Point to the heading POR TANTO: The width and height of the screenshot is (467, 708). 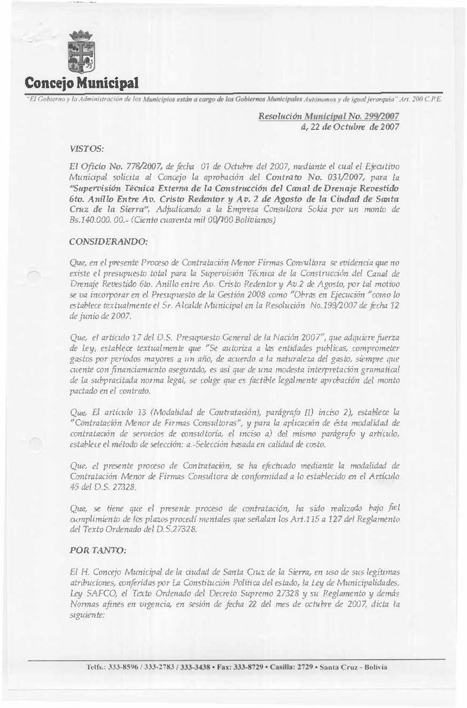pyautogui.click(x=89, y=533)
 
